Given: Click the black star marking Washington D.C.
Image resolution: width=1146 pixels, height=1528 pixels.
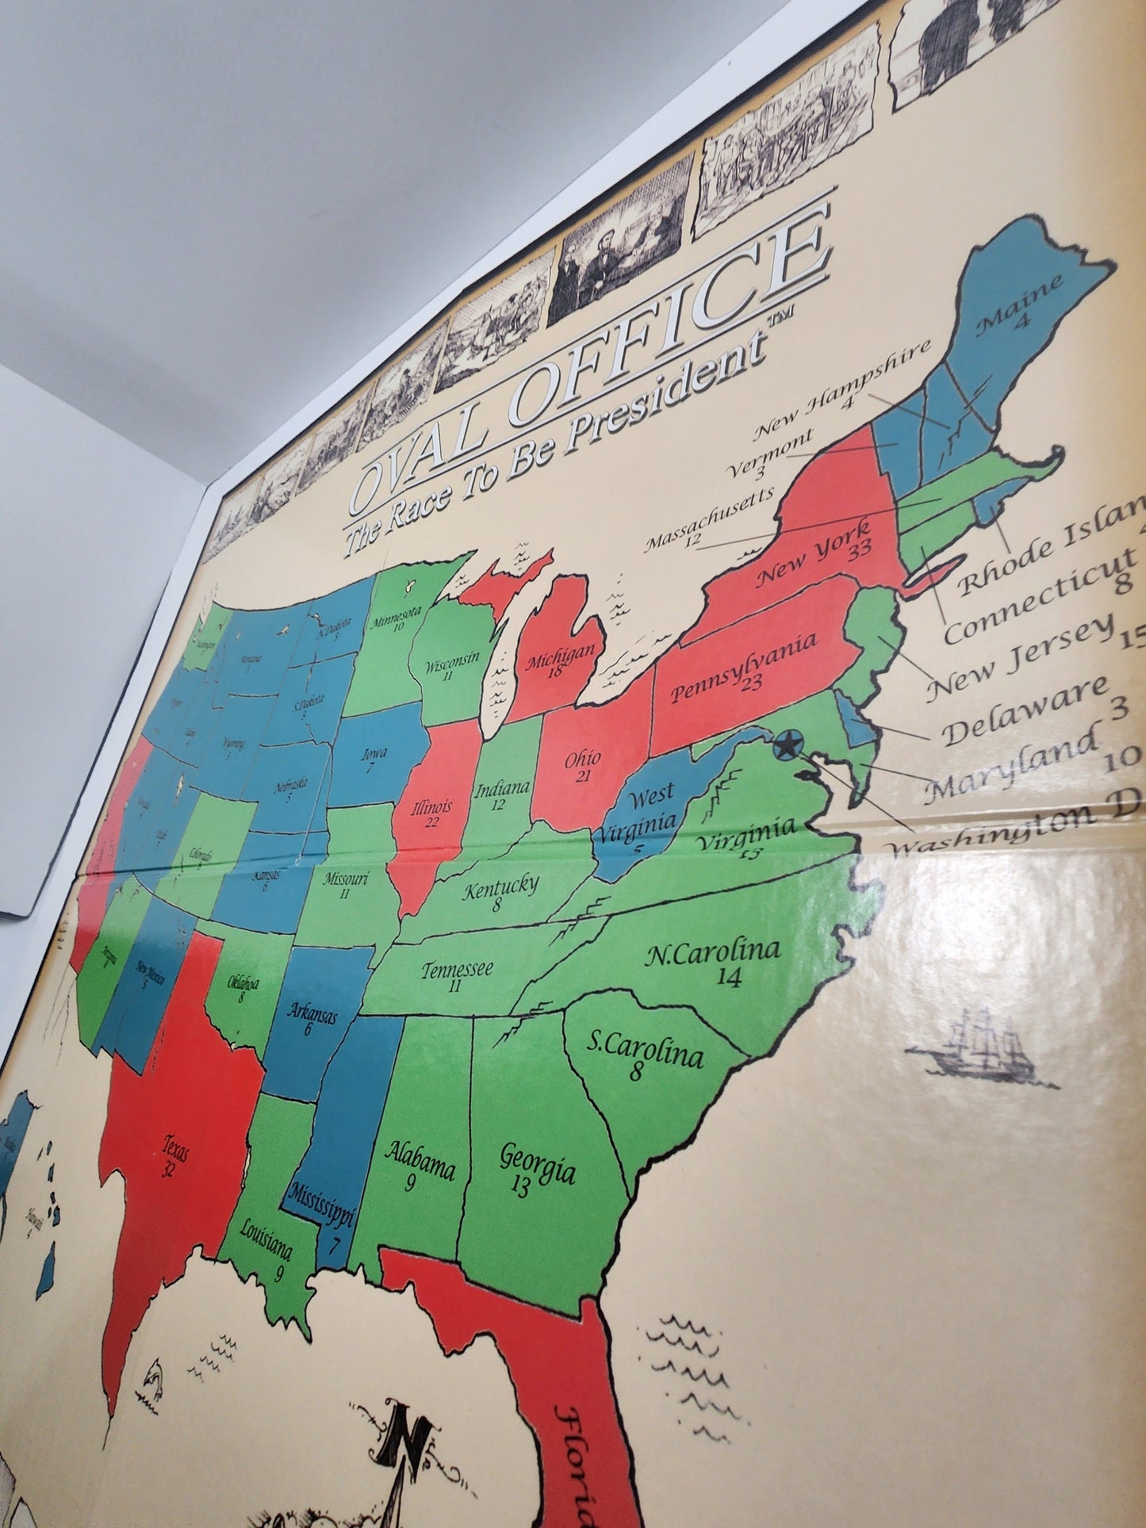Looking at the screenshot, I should coord(786,746).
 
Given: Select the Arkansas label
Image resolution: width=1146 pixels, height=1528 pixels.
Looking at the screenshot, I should coord(313,1013).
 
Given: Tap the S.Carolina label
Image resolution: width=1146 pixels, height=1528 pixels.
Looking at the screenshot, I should coord(645,1051).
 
